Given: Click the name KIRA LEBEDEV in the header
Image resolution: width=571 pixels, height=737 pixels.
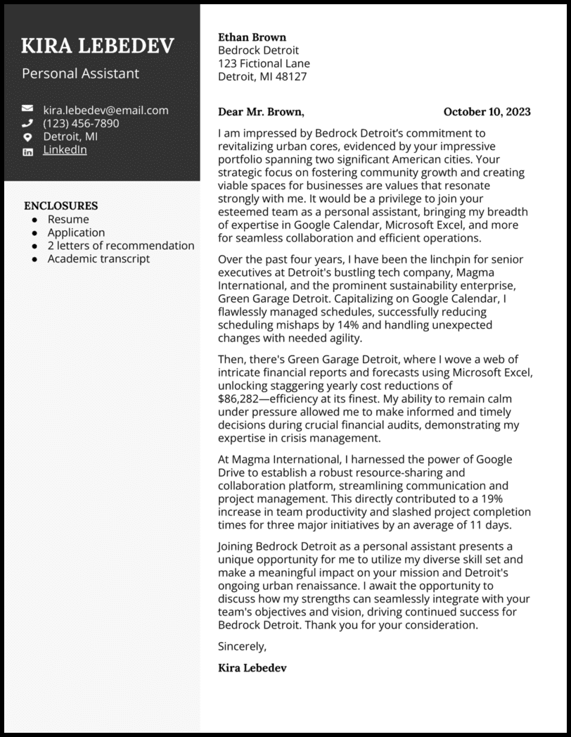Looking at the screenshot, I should click(98, 46).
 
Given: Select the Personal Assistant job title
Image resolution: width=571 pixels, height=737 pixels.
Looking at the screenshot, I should click(80, 73).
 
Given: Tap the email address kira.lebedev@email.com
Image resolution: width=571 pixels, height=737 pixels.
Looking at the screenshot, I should click(105, 110).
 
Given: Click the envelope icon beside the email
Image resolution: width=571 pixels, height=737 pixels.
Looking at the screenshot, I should click(27, 109).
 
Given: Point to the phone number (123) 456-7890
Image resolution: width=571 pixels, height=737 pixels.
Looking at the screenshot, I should click(81, 123).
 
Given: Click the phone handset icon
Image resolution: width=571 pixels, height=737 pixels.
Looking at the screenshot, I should click(27, 123).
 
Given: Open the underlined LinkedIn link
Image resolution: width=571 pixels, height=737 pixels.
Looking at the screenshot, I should click(65, 150).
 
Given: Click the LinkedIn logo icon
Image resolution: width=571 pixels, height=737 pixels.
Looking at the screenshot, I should click(27, 151).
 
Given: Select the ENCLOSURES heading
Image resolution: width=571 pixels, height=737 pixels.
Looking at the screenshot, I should click(60, 206).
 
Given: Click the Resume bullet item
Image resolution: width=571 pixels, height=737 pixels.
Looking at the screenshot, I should click(68, 219).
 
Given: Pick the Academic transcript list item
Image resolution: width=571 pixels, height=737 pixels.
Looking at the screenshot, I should click(98, 258).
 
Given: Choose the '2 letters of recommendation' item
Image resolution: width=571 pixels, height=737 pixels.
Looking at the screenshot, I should click(121, 246).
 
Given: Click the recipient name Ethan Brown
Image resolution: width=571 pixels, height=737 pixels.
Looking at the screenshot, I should click(252, 37).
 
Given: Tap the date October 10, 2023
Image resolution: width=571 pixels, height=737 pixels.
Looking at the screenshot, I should click(487, 111).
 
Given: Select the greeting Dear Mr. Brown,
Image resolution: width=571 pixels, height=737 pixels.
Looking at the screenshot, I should click(261, 111).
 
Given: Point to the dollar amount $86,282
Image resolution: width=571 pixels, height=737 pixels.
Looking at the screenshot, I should click(243, 398).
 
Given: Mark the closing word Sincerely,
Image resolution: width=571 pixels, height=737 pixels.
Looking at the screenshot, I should click(243, 645).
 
